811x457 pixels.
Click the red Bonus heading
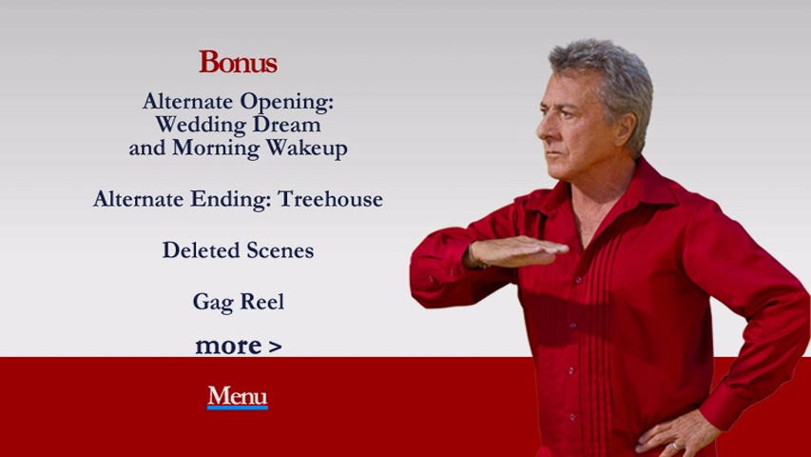coord(238,62)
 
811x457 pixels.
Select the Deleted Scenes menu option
coord(238,250)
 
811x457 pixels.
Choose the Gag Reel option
coord(238,302)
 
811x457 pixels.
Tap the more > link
coord(239,346)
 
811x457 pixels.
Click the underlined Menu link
coord(238,396)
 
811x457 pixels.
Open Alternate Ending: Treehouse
coord(238,199)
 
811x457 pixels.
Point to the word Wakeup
coord(306,149)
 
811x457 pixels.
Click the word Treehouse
coord(331,199)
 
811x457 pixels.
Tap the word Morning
coord(216,149)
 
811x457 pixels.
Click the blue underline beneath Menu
coord(238,407)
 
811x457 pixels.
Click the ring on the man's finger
coord(674,446)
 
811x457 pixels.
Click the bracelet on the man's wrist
coord(474,257)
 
